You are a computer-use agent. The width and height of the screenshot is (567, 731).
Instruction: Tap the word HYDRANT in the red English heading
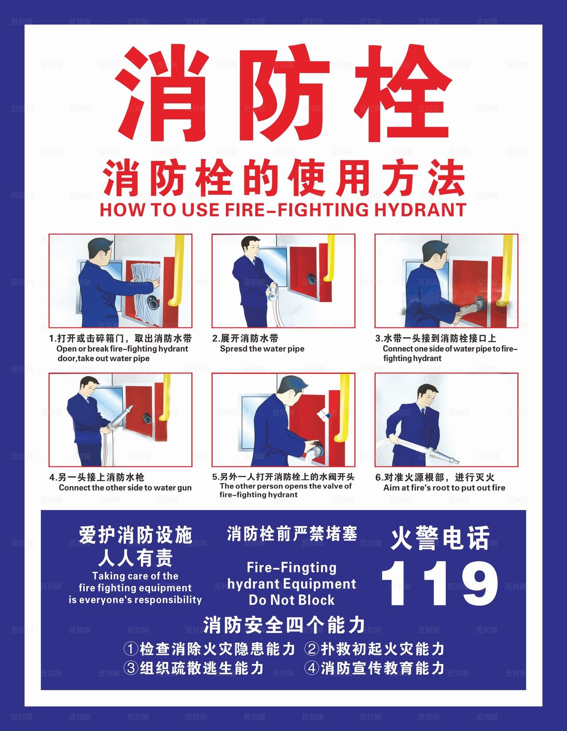pyautogui.click(x=421, y=209)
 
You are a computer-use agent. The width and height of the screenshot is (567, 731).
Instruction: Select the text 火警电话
pyautogui.click(x=439, y=538)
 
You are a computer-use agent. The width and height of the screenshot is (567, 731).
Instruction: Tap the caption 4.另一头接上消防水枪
pyautogui.click(x=97, y=477)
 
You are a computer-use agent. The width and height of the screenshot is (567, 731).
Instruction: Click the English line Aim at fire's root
pyautogui.click(x=444, y=488)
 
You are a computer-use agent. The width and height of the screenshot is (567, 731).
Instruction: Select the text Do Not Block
pyautogui.click(x=291, y=600)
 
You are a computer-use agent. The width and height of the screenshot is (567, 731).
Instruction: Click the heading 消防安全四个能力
pyautogui.click(x=284, y=625)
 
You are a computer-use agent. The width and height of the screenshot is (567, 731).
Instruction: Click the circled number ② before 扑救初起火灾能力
pyautogui.click(x=312, y=649)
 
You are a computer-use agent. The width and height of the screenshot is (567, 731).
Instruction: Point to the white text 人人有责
pyautogui.click(x=135, y=558)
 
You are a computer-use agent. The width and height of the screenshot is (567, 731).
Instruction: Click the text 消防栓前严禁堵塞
pyautogui.click(x=291, y=533)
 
